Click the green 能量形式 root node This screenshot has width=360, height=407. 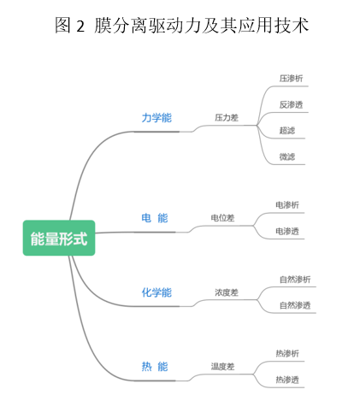tap(59, 238)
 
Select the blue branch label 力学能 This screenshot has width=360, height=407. tap(156, 118)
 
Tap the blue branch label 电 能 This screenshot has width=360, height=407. tap(155, 218)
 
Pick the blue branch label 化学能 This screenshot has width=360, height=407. tap(156, 292)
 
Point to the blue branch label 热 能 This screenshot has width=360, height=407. tap(155, 367)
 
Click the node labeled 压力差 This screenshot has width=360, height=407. tap(227, 117)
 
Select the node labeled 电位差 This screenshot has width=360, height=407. tap(222, 218)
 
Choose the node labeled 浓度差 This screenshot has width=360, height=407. tap(227, 292)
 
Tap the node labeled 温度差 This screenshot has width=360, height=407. tap(222, 366)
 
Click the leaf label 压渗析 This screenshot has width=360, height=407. tap(291, 79)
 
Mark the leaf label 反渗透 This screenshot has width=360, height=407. tap(291, 104)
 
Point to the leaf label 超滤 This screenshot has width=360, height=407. tap(287, 131)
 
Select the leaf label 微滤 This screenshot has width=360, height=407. tap(287, 156)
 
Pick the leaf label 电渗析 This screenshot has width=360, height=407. tap(287, 205)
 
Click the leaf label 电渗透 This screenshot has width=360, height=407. tap(287, 231)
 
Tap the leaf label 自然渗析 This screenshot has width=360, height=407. tap(295, 280)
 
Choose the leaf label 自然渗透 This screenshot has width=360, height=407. tap(295, 305)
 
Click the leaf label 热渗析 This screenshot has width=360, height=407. tap(287, 354)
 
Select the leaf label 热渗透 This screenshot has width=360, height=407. tap(287, 380)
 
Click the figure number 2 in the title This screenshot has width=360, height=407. tap(80, 27)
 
